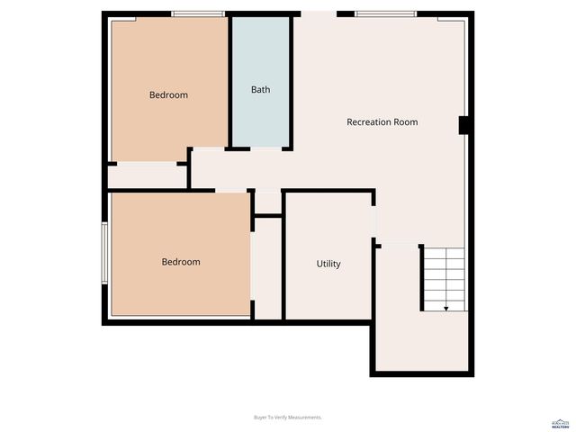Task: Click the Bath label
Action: (x=260, y=90)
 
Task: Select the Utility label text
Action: (x=328, y=264)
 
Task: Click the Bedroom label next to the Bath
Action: (x=168, y=94)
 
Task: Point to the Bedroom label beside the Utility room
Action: (x=181, y=262)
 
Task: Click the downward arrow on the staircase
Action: (x=445, y=308)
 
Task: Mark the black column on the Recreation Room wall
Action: (x=463, y=126)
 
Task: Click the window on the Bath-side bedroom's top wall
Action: (x=198, y=13)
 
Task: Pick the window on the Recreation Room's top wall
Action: (x=385, y=13)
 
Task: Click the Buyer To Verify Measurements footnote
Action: (x=287, y=418)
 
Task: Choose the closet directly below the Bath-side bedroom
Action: (x=148, y=175)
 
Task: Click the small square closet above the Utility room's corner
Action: (x=268, y=202)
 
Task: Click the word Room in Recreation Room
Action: (x=406, y=122)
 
